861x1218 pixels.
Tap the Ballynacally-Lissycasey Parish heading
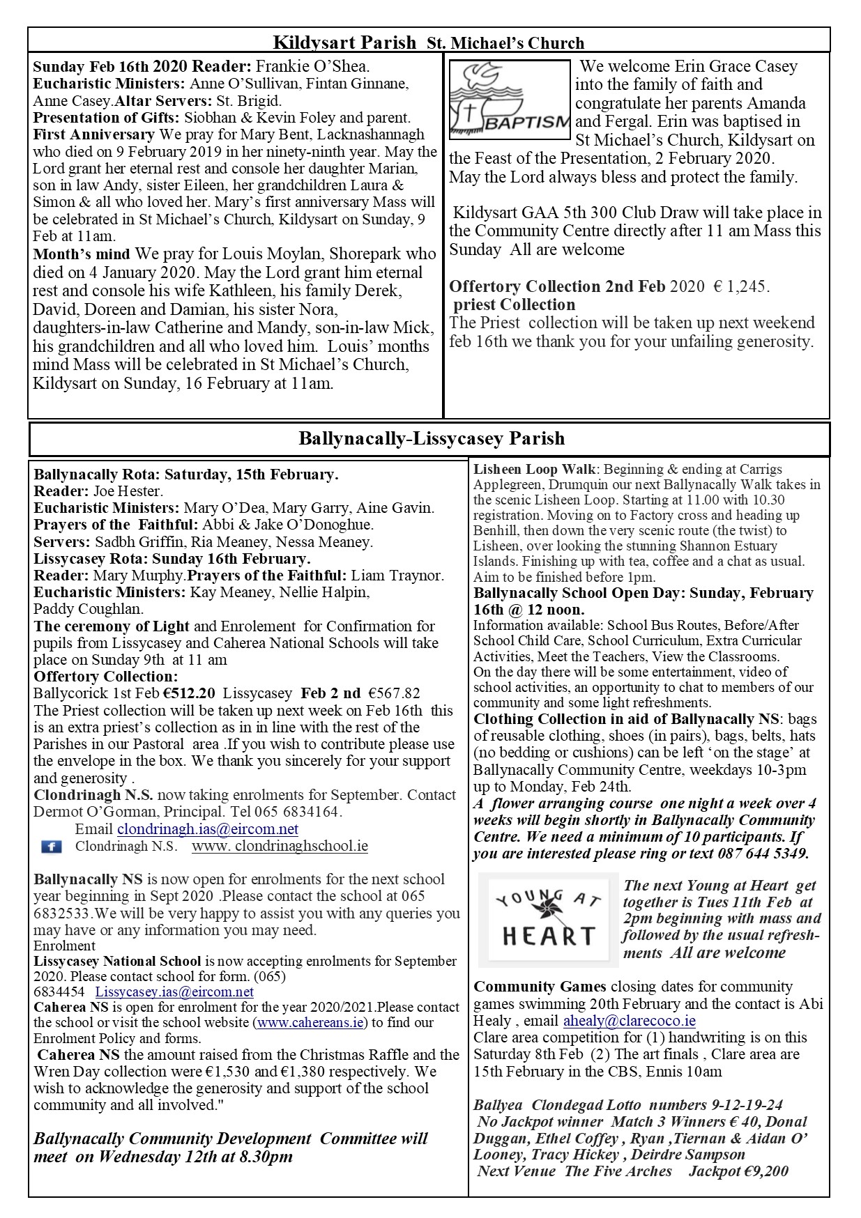coord(432,438)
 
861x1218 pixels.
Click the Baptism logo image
coord(510,100)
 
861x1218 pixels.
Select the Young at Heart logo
coord(549,920)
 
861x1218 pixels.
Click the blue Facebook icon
coord(51,847)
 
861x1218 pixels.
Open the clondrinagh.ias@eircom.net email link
coord(208,829)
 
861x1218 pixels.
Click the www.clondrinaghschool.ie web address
coord(280,847)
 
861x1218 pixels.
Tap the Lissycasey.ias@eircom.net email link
coord(174,992)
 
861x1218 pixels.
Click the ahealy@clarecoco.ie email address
coord(629,1021)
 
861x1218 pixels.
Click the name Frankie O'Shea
coord(312,67)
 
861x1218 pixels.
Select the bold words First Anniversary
coord(93,134)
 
